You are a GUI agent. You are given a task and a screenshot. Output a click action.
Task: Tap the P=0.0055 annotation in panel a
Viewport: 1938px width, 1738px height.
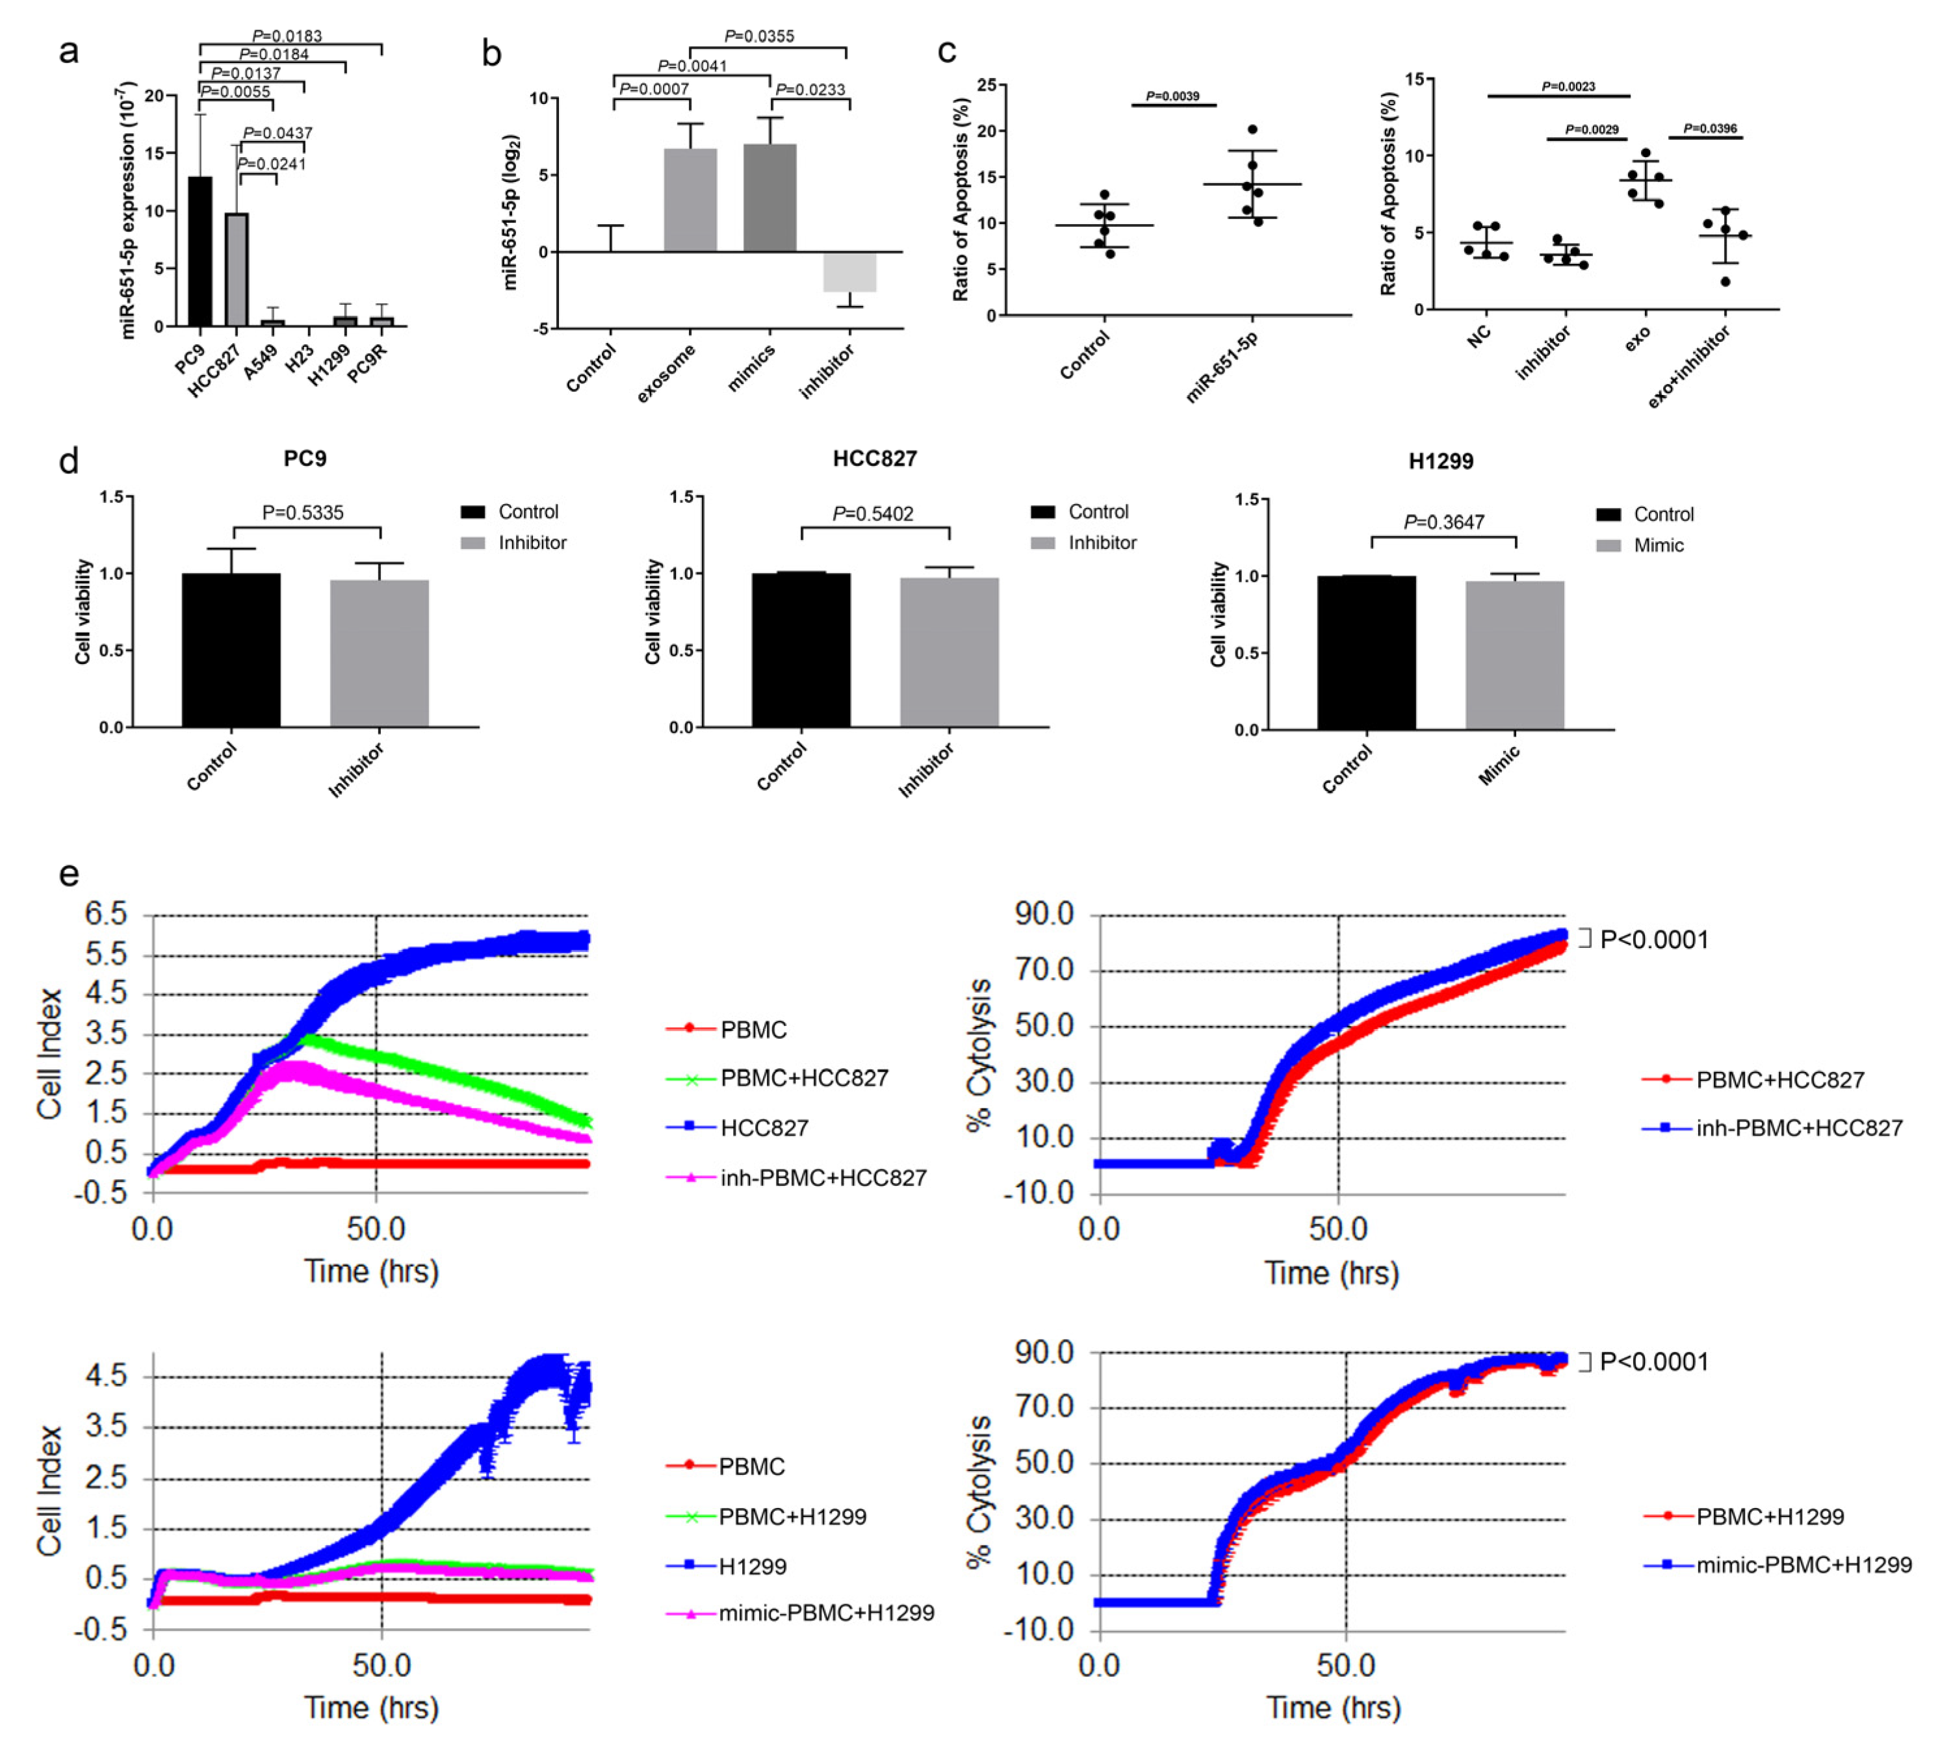[x=236, y=92]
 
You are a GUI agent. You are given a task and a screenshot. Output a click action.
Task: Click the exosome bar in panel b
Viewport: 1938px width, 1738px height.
[x=690, y=201]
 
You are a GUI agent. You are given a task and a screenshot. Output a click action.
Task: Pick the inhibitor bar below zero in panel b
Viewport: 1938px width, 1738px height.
[x=849, y=272]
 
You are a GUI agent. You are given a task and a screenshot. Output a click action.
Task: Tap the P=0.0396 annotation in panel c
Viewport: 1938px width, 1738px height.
[x=1710, y=128]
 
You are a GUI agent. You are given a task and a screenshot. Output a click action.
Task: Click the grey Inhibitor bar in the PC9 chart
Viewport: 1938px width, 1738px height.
[x=379, y=654]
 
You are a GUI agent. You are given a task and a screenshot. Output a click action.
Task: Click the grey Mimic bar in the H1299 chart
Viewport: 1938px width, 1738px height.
[x=1515, y=656]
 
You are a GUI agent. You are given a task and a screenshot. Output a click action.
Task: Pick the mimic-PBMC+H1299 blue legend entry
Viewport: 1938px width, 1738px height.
[x=1803, y=1565]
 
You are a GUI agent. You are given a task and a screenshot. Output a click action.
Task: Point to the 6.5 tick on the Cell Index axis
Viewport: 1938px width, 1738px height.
[x=106, y=914]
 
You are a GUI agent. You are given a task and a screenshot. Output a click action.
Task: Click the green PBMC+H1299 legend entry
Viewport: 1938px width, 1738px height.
[x=792, y=1516]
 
